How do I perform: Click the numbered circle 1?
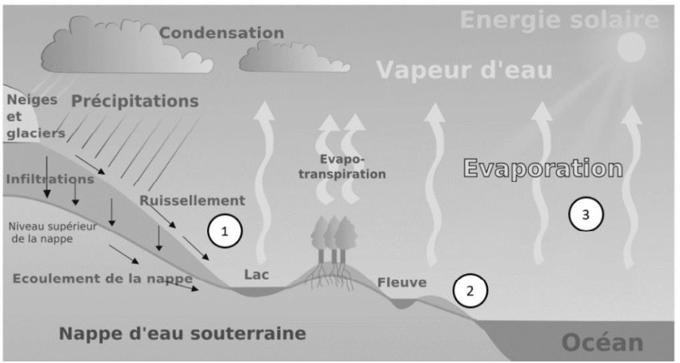225,232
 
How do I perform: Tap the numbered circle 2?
470,290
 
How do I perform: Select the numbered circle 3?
586,213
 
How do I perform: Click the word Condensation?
221,33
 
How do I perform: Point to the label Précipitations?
136,102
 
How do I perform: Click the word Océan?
602,343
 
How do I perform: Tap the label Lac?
256,275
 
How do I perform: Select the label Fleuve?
401,281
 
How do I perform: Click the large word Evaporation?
542,169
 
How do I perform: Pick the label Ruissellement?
192,200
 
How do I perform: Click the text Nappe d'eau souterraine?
182,333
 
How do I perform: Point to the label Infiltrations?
50,179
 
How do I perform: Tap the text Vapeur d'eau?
464,71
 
